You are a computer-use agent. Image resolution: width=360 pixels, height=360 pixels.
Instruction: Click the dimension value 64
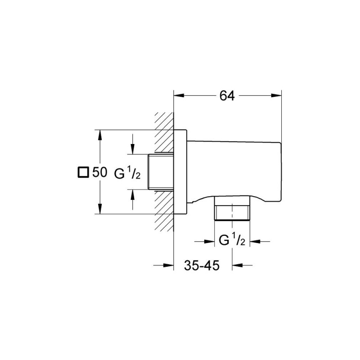point(227,96)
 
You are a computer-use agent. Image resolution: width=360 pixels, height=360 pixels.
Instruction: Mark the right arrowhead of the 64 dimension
point(276,95)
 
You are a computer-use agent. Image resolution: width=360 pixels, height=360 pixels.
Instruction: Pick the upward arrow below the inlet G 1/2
point(132,194)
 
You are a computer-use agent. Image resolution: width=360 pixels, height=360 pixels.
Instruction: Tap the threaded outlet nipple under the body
point(232,212)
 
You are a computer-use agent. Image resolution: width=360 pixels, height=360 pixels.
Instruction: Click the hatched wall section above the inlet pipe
point(164,133)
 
